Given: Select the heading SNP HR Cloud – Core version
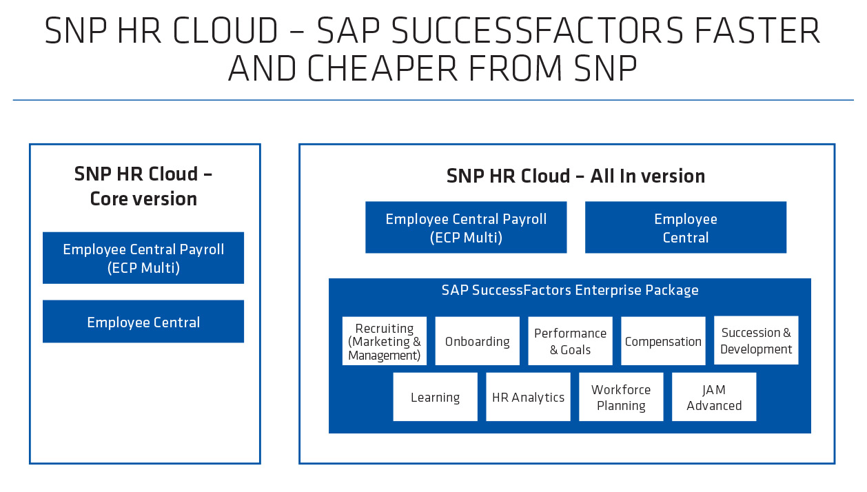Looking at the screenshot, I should (143, 186).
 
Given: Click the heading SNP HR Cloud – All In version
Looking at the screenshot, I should (575, 176).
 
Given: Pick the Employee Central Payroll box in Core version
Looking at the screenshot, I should (143, 258).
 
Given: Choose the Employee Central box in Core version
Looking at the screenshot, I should (143, 322).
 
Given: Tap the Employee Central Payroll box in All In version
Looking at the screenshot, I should (466, 228).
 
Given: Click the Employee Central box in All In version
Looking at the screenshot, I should (685, 228).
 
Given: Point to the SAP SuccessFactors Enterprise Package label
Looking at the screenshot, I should (570, 290).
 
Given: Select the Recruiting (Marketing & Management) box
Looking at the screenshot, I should (385, 342).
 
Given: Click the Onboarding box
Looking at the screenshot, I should (478, 342).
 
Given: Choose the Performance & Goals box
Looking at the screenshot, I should (570, 342).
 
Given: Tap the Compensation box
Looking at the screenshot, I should (663, 342).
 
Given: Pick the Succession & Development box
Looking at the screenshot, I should (756, 341).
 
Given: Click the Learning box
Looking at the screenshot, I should (435, 398).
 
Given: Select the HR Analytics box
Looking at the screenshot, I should (528, 398).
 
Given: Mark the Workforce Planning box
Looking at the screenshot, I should (621, 398).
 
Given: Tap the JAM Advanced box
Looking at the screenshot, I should (714, 398).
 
